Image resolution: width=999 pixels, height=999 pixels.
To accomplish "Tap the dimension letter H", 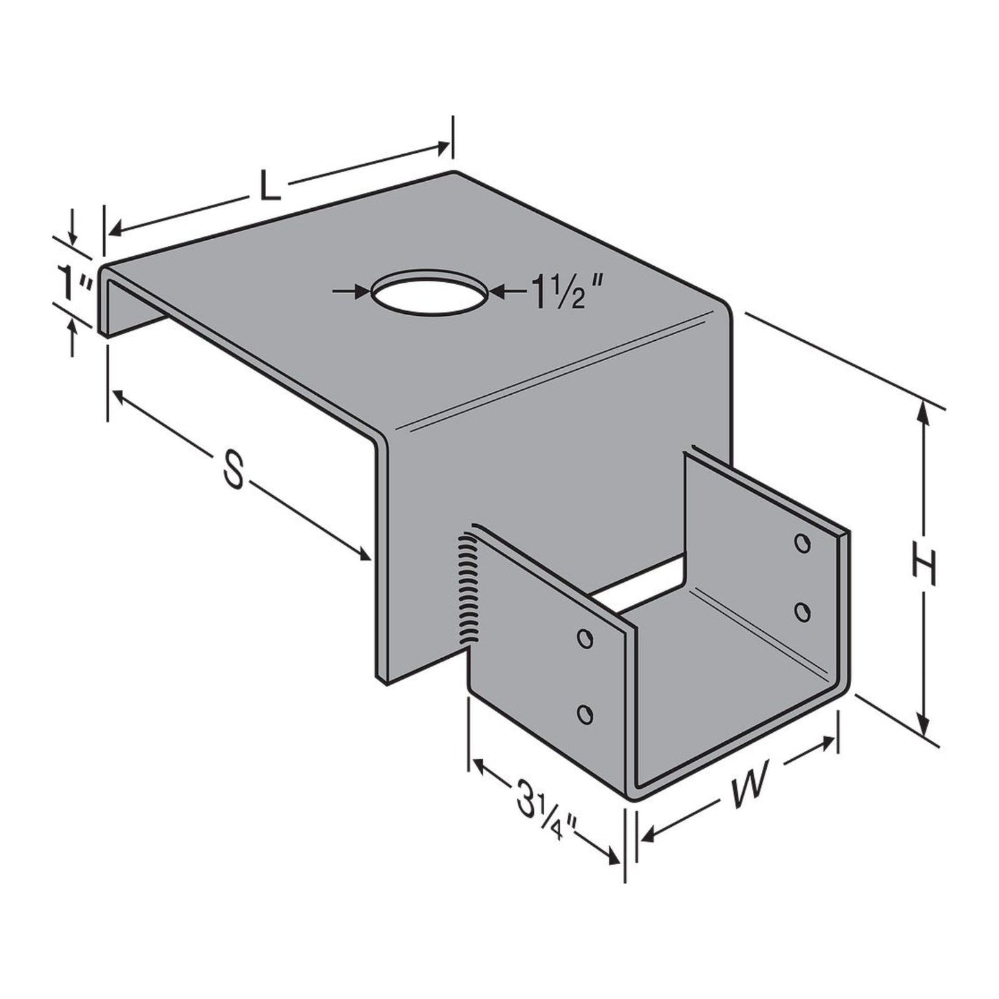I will tap(923, 568).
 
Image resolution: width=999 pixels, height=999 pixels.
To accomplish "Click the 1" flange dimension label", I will tap(74, 284).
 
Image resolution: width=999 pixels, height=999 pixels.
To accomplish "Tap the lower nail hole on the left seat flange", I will tap(585, 714).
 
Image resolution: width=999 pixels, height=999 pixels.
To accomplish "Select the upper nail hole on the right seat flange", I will tap(802, 543).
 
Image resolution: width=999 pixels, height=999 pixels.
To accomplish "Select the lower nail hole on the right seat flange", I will tap(802, 611).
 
